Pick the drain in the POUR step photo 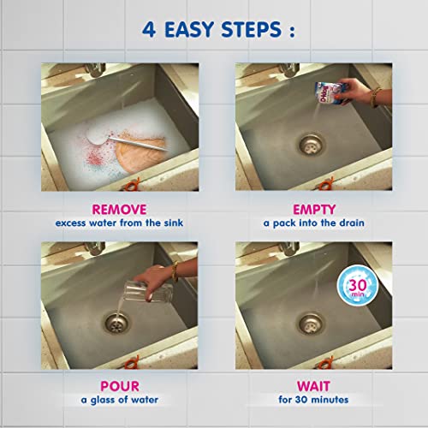(x=113, y=324)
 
